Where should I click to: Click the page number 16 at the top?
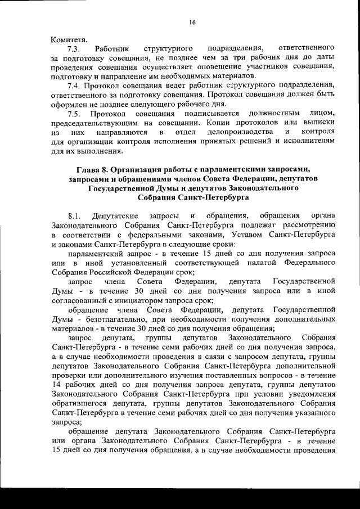[x=192, y=22]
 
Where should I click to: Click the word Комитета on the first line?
[x=69, y=39]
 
